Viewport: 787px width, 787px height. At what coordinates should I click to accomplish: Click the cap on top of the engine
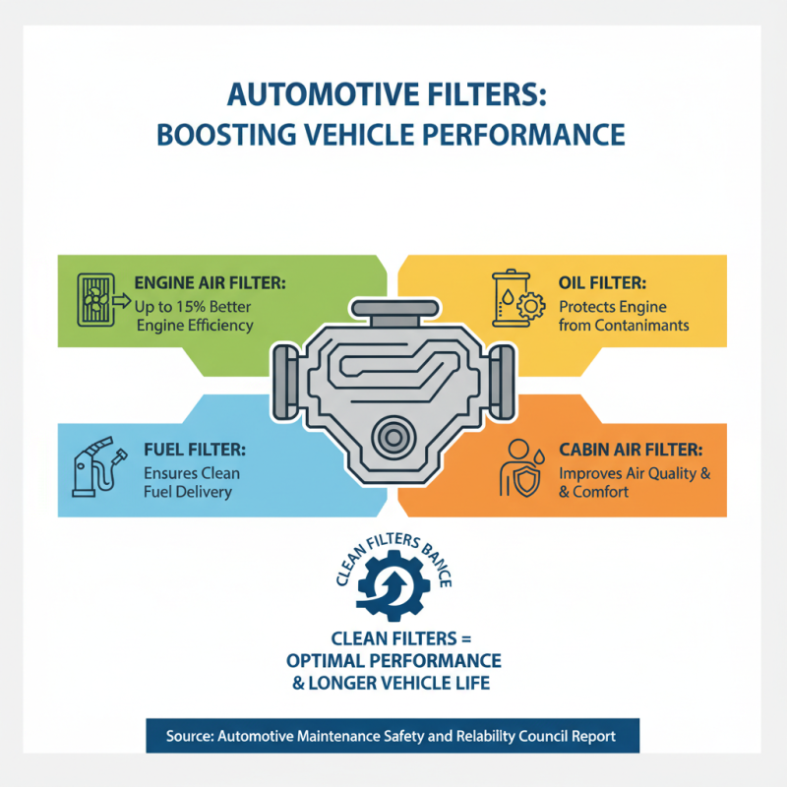tap(393, 312)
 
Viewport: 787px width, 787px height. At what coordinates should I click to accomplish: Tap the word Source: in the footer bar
tap(186, 733)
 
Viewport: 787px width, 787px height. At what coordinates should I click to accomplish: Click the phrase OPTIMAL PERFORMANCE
tap(393, 659)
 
